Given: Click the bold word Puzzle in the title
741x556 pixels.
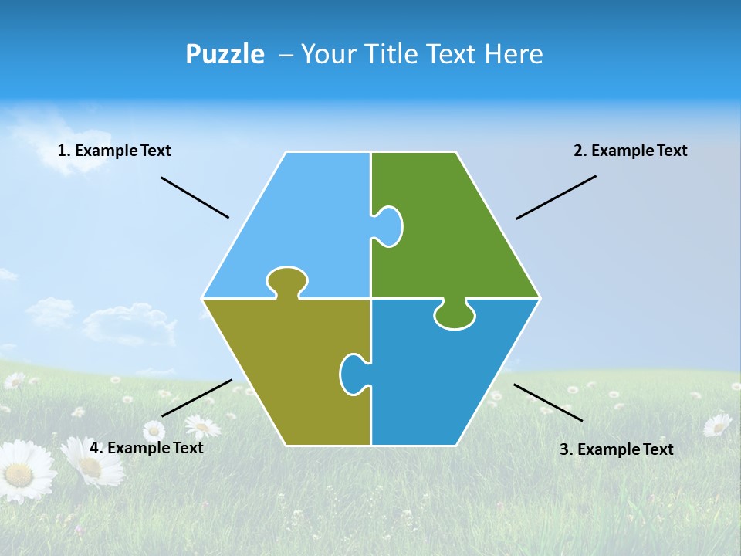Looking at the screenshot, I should click(225, 54).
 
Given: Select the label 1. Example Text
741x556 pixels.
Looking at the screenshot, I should click(114, 151).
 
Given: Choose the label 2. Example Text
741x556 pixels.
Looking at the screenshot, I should click(630, 151).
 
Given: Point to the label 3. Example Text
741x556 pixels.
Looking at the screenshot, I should click(616, 449).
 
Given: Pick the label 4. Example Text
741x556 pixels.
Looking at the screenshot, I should click(147, 448).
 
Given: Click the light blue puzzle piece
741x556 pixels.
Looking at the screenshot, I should click(301, 224).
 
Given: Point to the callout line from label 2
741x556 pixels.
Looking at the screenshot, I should click(556, 197).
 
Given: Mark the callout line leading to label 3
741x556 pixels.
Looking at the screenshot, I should click(548, 402).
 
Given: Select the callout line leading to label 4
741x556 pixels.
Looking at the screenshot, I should click(197, 398).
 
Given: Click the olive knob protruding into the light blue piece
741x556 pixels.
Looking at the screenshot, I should click(287, 280).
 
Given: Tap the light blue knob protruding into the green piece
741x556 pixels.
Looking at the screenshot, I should click(388, 226).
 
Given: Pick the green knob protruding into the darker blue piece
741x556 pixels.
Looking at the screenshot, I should click(455, 314).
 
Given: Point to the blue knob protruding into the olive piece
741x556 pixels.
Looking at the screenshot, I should click(353, 373).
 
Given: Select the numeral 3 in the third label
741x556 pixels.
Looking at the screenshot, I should click(563, 449).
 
